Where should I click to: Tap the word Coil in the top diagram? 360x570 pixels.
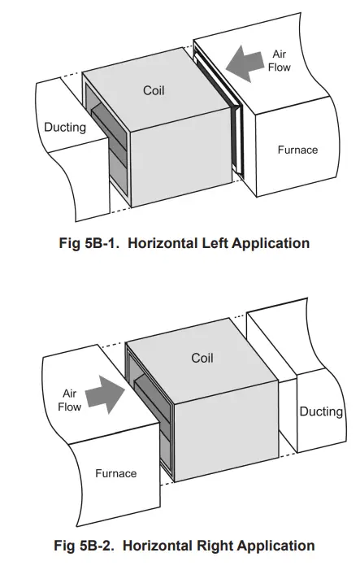coord(154,90)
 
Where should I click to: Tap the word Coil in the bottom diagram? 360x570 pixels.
coord(202,358)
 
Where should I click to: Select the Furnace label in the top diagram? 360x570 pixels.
coord(297,150)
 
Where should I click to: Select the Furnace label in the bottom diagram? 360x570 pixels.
coord(116,472)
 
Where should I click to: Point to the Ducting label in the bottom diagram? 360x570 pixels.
coord(321,411)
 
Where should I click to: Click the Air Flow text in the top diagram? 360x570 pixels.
coord(279,60)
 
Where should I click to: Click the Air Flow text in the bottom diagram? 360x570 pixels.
coord(71,399)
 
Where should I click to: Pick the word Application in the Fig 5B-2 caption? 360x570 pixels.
coord(276,545)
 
